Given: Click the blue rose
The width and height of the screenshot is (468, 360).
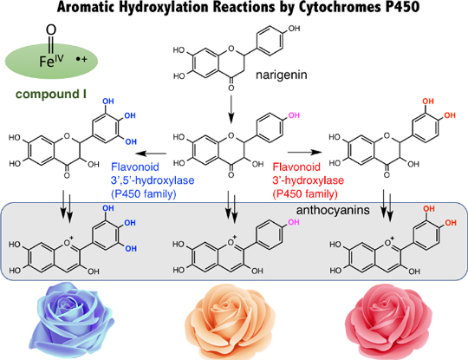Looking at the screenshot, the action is coord(72,320).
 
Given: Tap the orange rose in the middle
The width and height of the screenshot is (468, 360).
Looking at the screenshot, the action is coord(230,322).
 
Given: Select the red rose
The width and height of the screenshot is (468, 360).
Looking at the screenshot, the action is coord(388,321).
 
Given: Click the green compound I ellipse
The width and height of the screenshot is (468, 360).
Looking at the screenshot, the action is coord(51,61).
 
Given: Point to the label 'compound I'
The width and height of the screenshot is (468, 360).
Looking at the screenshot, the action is coord(51,94).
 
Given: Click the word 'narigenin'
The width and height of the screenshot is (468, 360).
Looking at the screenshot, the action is coord(281,75).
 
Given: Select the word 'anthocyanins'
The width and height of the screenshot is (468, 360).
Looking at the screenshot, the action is coord(333,210).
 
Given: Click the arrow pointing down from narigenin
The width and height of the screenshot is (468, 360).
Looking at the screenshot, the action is coord(231,109).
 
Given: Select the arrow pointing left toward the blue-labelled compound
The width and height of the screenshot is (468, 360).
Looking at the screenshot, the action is coord(151,154).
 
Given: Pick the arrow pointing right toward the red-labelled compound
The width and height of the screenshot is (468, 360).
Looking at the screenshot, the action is coord(305,153).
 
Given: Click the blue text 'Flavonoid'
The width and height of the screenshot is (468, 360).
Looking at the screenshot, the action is coord(135,167).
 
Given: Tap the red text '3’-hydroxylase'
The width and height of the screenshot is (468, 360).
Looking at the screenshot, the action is coord(308,180).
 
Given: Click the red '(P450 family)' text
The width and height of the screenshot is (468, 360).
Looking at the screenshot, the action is coord(305,194).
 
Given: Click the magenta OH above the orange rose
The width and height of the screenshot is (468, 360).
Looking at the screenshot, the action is coord(294,222).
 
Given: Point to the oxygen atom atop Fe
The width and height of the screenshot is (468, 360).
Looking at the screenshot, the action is coord(51,29).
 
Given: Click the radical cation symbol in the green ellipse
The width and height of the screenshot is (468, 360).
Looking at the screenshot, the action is coord(81,59).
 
